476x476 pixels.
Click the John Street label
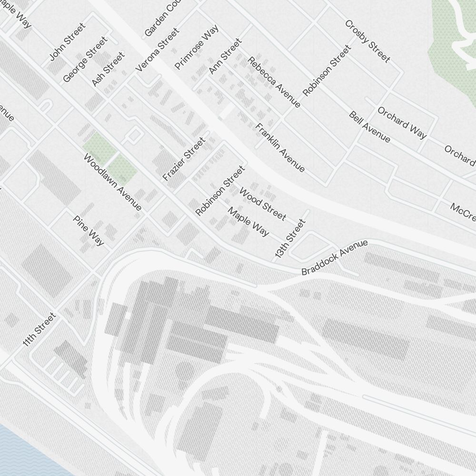click(x=68, y=42)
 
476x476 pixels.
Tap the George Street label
click(x=85, y=59)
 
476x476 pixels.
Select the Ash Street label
click(x=108, y=69)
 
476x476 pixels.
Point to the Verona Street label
click(x=158, y=50)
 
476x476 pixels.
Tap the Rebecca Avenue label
click(x=274, y=82)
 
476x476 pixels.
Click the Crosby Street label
click(x=367, y=41)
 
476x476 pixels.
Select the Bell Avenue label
click(x=369, y=127)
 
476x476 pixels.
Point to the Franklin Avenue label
click(x=280, y=148)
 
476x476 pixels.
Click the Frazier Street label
click(x=184, y=159)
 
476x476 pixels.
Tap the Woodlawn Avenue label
click(x=113, y=182)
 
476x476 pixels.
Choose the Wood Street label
click(x=263, y=204)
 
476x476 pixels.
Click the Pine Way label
click(x=89, y=230)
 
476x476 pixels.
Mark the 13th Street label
click(x=289, y=239)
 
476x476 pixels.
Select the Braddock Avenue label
click(x=335, y=258)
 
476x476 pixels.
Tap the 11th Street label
click(x=39, y=329)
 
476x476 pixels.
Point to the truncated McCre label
click(x=463, y=210)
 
